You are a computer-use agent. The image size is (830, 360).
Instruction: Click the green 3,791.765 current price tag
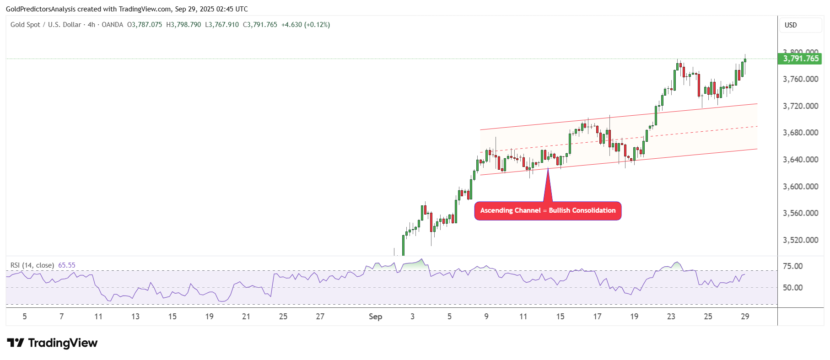point(800,59)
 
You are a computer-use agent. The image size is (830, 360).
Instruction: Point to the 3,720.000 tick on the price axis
point(800,106)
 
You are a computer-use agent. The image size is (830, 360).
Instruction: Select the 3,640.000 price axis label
point(800,160)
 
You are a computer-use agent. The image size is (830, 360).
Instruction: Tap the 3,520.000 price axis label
point(800,240)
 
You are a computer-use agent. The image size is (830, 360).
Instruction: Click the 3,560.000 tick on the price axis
point(800,213)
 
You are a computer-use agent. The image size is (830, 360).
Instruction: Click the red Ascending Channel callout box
point(548,210)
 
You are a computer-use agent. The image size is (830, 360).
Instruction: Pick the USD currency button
point(791,25)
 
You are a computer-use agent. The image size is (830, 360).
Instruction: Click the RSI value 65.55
point(67,265)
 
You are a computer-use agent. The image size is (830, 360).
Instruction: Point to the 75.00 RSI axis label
point(792,266)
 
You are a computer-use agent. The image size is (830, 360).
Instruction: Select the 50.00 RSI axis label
point(792,288)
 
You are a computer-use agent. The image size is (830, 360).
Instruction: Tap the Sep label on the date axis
point(375,317)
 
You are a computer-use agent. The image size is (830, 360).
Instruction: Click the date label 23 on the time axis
point(671,317)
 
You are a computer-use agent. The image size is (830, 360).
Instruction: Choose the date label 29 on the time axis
point(745,317)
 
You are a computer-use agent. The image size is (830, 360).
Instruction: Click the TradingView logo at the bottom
point(53,343)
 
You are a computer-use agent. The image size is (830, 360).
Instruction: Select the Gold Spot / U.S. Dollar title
point(46,25)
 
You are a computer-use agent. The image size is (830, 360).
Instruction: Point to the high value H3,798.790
point(183,25)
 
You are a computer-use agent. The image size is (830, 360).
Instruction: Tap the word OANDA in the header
point(112,25)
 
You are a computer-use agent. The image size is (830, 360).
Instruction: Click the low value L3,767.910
point(222,25)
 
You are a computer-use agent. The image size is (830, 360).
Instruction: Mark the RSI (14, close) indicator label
point(32,265)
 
